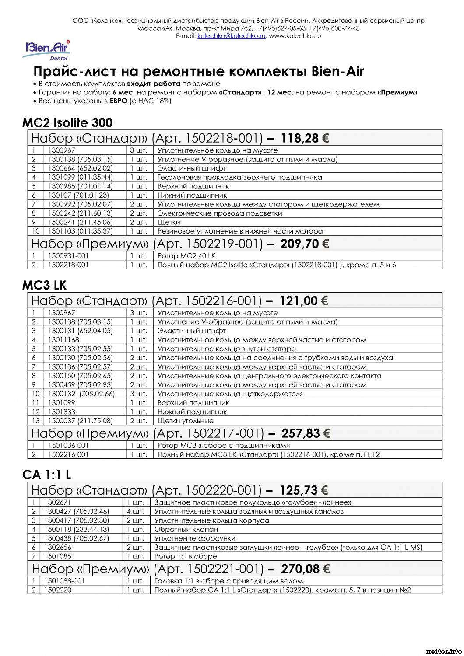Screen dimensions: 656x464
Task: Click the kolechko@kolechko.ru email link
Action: click(231, 36)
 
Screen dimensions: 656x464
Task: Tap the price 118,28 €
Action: click(305, 139)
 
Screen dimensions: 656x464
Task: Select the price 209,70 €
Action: click(305, 244)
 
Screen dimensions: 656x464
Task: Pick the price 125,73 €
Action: click(304, 490)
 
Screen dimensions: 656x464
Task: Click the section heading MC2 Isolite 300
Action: click(67, 122)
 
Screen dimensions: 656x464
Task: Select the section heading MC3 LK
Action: click(44, 285)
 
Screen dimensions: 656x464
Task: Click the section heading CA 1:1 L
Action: click(46, 475)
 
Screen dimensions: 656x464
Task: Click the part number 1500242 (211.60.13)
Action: click(80, 213)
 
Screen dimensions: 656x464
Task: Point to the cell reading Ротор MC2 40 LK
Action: click(186, 256)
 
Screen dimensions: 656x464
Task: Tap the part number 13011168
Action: click(63, 340)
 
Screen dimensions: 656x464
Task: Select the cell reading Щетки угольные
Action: click(185, 421)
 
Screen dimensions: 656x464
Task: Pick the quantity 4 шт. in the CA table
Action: click(135, 511)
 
